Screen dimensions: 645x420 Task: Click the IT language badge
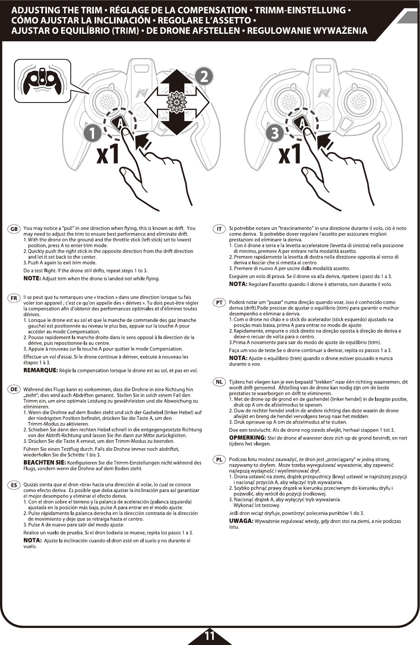[x=219, y=229]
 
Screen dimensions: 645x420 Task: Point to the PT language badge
[x=219, y=303]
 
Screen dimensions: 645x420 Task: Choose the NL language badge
[x=219, y=382]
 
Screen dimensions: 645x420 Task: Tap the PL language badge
[x=219, y=460]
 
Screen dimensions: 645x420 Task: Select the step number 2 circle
[x=204, y=76]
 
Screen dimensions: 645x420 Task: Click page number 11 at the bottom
[x=209, y=635]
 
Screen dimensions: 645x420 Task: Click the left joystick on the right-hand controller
[x=287, y=101]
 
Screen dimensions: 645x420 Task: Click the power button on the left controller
[x=142, y=112]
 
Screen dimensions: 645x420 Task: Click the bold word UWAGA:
[x=241, y=521]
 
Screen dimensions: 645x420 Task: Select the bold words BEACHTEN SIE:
[x=45, y=463]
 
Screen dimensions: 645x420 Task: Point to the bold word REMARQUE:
[x=41, y=370]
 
